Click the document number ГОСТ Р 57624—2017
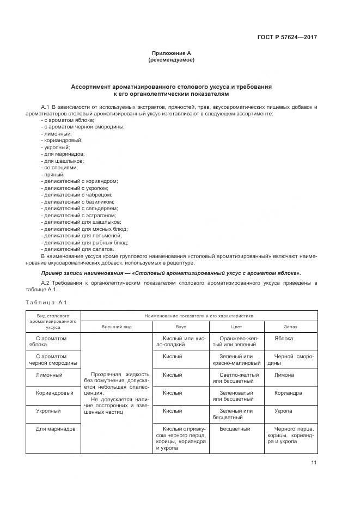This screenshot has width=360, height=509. click(287, 38)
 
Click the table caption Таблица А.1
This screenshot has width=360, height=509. click(46, 302)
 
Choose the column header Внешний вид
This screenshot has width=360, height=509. click(117, 327)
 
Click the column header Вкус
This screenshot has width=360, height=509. click(181, 327)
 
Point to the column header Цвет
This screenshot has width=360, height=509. click(237, 327)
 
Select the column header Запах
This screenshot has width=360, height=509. click(290, 327)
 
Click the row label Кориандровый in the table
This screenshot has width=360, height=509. click(53, 393)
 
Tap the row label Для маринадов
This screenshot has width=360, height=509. click(53, 428)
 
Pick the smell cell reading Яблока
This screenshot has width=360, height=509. click(284, 339)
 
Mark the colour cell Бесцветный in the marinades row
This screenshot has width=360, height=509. click(235, 428)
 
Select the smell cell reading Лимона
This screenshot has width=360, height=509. click(284, 375)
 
